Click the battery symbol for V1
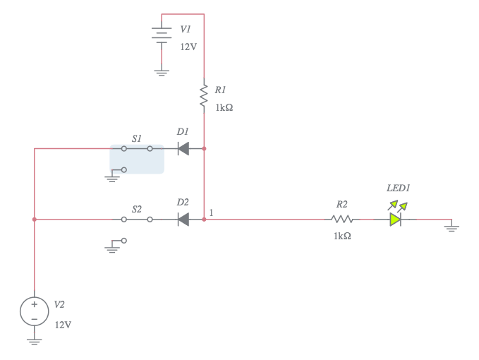point(162,35)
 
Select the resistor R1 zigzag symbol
point(204,97)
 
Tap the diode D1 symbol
point(183,149)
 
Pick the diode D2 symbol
point(183,220)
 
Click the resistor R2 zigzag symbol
point(341,220)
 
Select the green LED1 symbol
point(396,219)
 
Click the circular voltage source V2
point(34,311)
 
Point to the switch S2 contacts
point(137,220)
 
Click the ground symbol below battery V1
point(162,72)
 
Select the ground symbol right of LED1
point(452,227)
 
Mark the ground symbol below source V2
point(34,341)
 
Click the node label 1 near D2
point(212,212)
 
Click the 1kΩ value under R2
point(342,236)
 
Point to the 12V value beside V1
point(188,46)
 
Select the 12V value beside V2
point(63,325)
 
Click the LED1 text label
point(398,188)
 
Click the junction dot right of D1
point(204,149)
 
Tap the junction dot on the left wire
point(34,220)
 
